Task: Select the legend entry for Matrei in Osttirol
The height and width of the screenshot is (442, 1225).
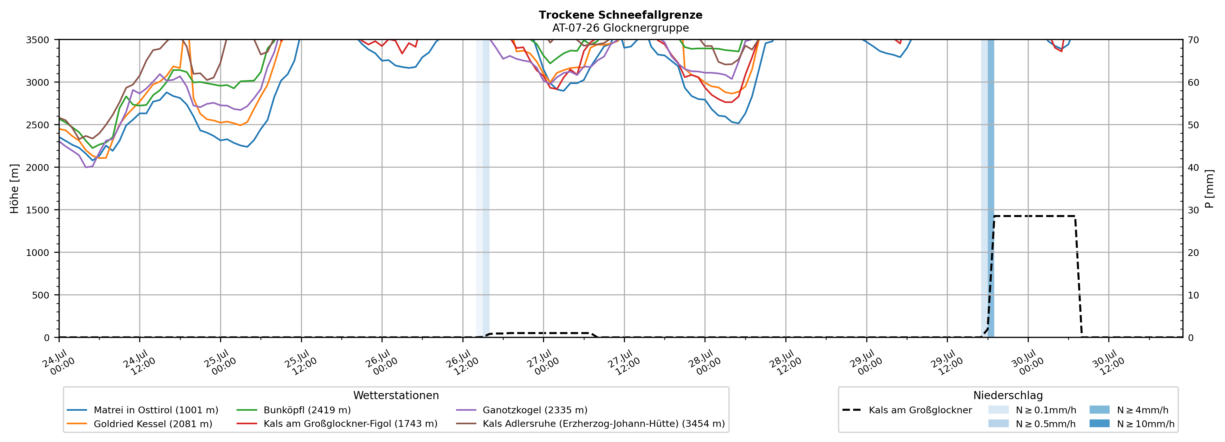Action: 143,410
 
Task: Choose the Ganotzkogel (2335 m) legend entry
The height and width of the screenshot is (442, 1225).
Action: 522,410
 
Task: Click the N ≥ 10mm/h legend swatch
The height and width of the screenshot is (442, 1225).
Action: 1099,423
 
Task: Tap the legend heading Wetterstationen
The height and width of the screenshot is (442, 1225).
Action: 396,395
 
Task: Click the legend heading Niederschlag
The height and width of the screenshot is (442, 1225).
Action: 1008,395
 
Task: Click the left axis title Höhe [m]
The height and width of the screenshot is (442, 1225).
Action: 15,189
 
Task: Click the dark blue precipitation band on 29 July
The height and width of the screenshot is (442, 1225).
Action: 991,188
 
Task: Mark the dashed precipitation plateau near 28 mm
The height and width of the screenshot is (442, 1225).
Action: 1034,216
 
